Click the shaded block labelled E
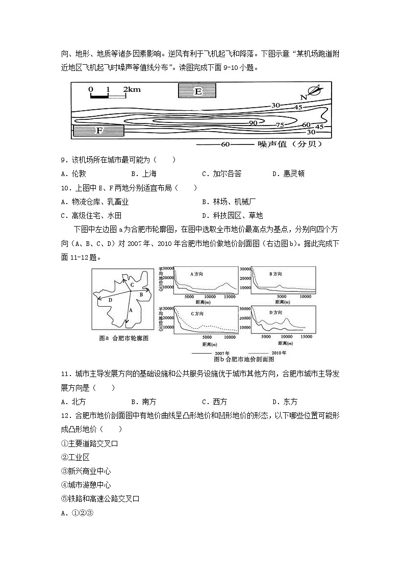click(x=198, y=91)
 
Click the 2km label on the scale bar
click(x=132, y=89)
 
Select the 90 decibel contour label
click(x=253, y=123)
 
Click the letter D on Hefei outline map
click(x=110, y=301)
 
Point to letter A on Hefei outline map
click(x=131, y=310)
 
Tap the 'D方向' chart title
click(x=276, y=312)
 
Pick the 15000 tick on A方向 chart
click(x=230, y=296)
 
